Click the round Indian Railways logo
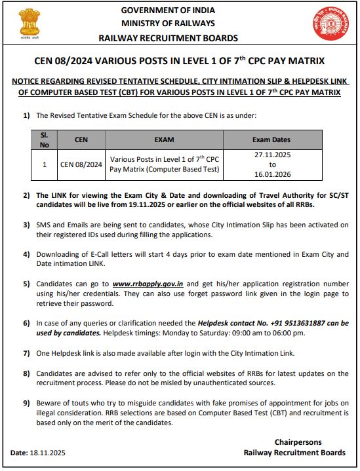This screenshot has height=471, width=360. tap(329, 23)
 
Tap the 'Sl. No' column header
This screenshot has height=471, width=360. tap(45, 139)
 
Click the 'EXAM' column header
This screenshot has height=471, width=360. tap(164, 140)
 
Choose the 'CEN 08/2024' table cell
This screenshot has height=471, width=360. tap(81, 165)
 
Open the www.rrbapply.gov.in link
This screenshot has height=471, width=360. tap(147, 284)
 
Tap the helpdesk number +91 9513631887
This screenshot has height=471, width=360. tap(292, 323)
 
